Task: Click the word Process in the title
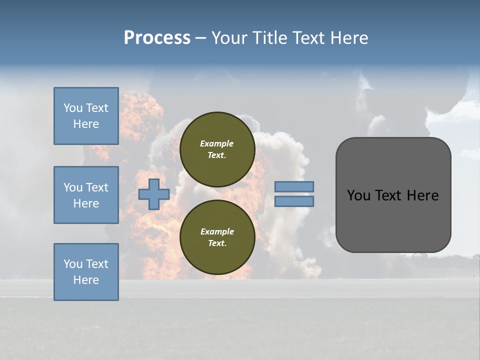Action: pyautogui.click(x=157, y=38)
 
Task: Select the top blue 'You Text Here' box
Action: pyautogui.click(x=86, y=116)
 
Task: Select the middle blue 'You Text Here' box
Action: pyautogui.click(x=86, y=195)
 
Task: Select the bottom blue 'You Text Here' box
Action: pyautogui.click(x=86, y=272)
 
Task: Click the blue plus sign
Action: pyautogui.click(x=153, y=194)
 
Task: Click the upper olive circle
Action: pyautogui.click(x=217, y=149)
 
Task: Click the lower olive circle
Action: pyautogui.click(x=217, y=237)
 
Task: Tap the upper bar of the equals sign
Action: pyautogui.click(x=294, y=186)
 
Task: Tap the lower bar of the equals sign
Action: pyautogui.click(x=294, y=201)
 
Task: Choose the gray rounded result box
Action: pyautogui.click(x=393, y=194)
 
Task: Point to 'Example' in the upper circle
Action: pyautogui.click(x=217, y=143)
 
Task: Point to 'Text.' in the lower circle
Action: pyautogui.click(x=217, y=243)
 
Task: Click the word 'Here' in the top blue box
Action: pyautogui.click(x=86, y=124)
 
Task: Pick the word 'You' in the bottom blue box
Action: pyautogui.click(x=72, y=264)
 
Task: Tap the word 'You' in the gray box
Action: pyautogui.click(x=358, y=195)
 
